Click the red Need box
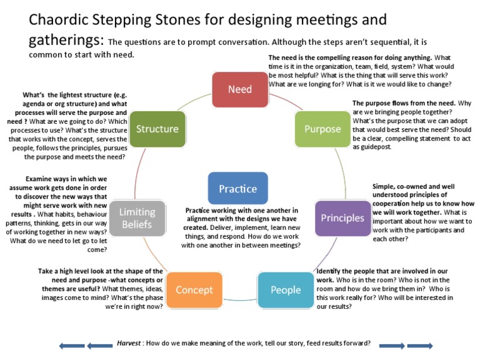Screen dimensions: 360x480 point(240,89)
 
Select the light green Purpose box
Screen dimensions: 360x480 point(322,129)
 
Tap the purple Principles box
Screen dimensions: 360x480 point(342,218)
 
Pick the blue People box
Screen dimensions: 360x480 point(286,290)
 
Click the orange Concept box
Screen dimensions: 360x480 point(194,290)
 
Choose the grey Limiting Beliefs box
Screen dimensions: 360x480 point(137,218)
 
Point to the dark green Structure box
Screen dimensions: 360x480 point(157,129)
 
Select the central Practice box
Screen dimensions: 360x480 point(237,189)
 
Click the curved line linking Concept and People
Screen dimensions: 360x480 point(240,300)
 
